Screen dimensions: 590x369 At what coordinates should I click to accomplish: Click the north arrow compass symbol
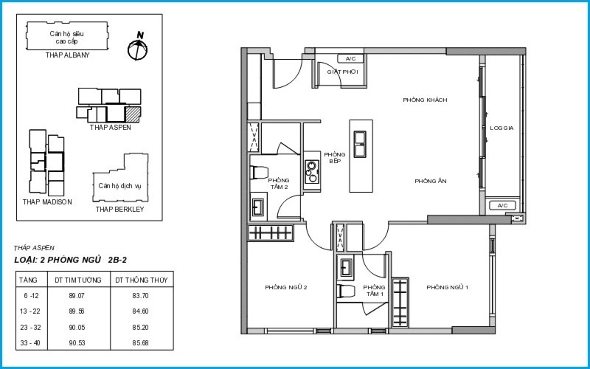point(137,49)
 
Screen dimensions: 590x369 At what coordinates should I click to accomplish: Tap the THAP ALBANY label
point(68,55)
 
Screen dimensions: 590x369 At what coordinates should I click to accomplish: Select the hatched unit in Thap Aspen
point(133,114)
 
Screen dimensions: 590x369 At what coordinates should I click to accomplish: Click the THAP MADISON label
point(47,201)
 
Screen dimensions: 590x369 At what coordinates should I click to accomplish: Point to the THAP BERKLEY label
point(119,210)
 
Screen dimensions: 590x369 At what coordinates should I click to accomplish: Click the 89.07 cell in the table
point(77,296)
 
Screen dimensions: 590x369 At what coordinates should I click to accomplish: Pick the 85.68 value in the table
point(140,343)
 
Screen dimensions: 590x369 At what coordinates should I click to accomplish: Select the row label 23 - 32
point(29,328)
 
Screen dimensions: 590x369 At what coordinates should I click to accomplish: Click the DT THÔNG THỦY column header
point(142,280)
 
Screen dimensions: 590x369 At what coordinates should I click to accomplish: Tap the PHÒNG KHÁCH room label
point(425,100)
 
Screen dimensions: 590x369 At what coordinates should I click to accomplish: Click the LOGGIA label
point(502,128)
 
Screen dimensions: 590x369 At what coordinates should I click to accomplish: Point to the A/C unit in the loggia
point(502,206)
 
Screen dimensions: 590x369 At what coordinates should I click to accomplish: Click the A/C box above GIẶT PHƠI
point(350,59)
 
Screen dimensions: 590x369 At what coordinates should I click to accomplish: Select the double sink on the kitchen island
point(360,144)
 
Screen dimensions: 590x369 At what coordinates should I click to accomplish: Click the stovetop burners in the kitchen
point(311,172)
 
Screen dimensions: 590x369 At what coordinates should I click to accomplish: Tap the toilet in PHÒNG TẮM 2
point(259,173)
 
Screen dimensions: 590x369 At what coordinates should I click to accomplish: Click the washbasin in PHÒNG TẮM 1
point(346,267)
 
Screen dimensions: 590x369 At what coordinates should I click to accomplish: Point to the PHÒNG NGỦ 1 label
point(447,287)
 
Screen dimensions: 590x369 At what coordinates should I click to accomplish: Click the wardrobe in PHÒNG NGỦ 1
point(400,303)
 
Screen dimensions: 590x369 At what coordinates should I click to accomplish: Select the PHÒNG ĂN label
point(431,181)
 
